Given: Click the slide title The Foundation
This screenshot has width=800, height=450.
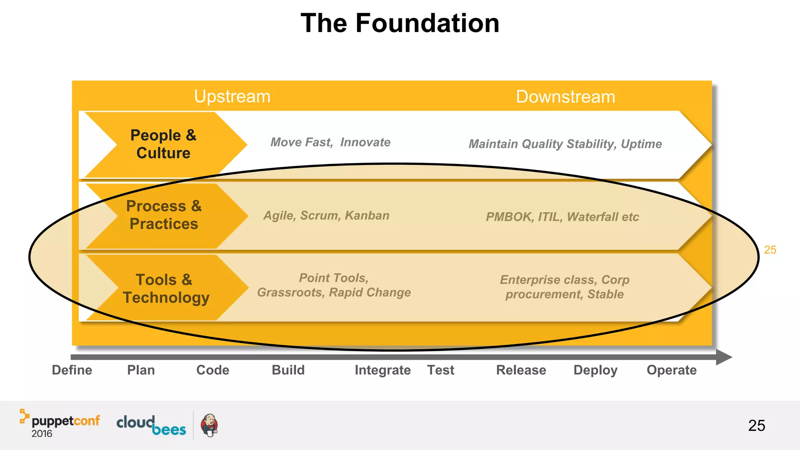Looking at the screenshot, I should tap(400, 23).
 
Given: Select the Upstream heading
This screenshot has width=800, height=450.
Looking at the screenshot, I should tap(232, 96).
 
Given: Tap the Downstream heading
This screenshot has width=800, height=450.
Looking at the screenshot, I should tap(565, 97).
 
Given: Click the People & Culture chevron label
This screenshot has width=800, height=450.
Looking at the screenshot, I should tap(163, 144).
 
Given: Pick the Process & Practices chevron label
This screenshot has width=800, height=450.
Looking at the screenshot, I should tap(164, 215).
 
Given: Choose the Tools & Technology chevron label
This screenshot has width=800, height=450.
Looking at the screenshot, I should tap(166, 289).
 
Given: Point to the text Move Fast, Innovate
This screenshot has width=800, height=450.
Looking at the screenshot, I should tap(330, 142).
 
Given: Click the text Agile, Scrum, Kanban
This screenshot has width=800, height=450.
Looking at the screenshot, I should tap(326, 216).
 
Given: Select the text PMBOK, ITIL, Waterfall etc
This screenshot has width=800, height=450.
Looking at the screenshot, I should tap(562, 217).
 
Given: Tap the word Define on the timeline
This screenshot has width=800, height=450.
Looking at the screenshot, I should tap(72, 370).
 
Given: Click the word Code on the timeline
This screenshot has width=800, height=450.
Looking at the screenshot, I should tap(212, 370).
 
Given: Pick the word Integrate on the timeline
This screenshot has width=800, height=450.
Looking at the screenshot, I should tap(382, 370).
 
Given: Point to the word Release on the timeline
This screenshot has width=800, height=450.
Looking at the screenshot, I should tap(521, 370).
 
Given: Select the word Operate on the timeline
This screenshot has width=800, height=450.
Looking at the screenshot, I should tap(671, 370).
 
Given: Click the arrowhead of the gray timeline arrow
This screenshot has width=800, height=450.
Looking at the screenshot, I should tap(723, 357).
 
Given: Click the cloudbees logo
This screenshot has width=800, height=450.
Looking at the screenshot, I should tap(151, 425).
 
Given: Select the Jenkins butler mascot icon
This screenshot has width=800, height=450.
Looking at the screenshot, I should tap(209, 425).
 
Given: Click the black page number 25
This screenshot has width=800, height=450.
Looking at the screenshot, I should tap(756, 425).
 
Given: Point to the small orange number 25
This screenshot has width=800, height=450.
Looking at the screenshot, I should tap(770, 250).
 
